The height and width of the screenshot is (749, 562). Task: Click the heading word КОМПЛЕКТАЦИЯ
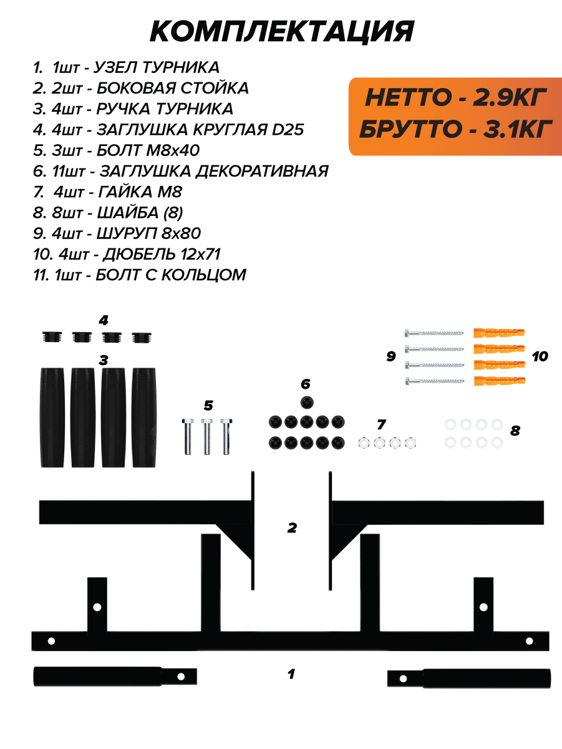(x=282, y=31)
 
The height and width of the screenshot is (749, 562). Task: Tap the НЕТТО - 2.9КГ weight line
(x=456, y=97)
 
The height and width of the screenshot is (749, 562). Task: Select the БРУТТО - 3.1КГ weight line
(x=456, y=130)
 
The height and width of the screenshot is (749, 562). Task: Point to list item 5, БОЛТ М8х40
(x=117, y=150)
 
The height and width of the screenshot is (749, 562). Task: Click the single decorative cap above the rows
(x=306, y=401)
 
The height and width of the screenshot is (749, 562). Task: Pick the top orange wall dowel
(x=499, y=331)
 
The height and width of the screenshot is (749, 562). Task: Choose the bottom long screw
(x=435, y=381)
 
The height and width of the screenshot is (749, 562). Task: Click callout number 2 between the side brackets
(x=291, y=528)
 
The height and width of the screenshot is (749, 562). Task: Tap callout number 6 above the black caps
(x=305, y=383)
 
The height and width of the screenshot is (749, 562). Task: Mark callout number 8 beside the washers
(x=515, y=430)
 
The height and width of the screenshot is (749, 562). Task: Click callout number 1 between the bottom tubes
(x=291, y=674)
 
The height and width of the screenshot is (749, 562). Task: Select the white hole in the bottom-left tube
(x=182, y=675)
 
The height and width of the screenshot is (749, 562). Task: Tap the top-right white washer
(x=497, y=424)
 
